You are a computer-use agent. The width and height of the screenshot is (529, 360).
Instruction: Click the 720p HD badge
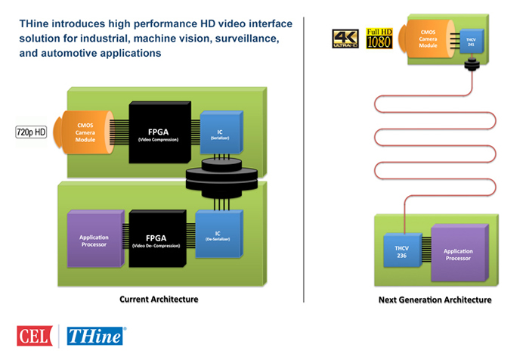[31, 132]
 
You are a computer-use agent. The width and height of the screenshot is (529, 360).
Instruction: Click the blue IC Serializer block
[221, 133]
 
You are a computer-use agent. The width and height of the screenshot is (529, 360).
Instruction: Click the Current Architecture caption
[159, 299]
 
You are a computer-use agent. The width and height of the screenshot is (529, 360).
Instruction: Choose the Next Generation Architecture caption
[435, 300]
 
